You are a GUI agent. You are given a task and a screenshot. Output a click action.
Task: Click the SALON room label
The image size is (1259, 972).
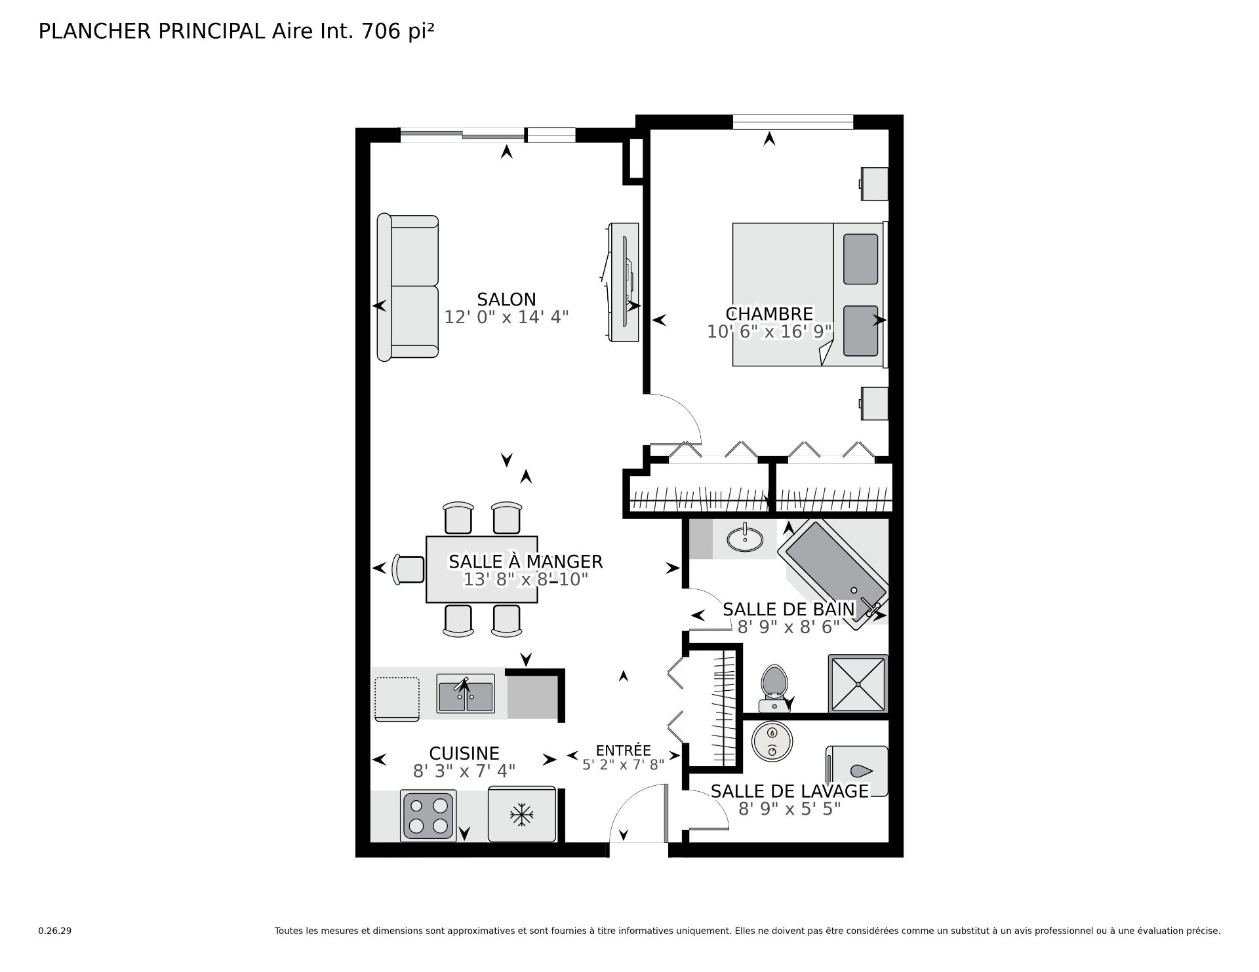506,300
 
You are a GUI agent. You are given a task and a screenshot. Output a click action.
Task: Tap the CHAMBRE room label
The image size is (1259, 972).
769,314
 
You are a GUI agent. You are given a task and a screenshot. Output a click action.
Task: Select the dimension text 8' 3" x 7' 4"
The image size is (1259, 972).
464,771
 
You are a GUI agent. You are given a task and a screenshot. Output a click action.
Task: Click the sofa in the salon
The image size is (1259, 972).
407,286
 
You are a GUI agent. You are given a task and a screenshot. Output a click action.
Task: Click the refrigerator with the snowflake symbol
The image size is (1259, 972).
522,815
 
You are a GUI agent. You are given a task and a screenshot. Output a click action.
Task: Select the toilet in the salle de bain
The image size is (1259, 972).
774,688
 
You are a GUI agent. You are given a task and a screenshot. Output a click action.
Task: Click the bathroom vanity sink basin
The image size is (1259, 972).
745,540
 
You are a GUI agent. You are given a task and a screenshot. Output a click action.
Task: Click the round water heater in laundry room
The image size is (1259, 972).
772,741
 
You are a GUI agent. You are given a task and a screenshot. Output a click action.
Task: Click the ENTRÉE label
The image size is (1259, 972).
623,750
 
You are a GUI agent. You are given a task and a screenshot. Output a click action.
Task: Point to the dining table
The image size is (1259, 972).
482,569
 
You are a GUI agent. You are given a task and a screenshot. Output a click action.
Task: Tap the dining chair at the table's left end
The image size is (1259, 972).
409,569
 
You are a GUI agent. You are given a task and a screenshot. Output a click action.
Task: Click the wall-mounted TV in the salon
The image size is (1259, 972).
622,282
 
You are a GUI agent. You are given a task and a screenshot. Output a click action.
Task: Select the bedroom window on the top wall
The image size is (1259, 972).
793,122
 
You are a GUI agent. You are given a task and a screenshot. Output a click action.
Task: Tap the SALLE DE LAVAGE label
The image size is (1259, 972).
789,791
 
